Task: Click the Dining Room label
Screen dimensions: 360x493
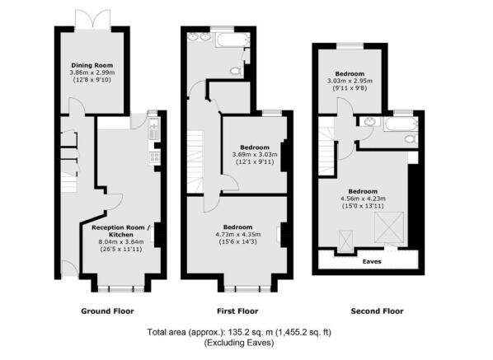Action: coord(92,64)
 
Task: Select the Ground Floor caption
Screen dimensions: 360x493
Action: coord(106,311)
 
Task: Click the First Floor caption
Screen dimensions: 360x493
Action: coord(236,311)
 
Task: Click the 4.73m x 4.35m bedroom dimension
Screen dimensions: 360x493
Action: coord(236,234)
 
